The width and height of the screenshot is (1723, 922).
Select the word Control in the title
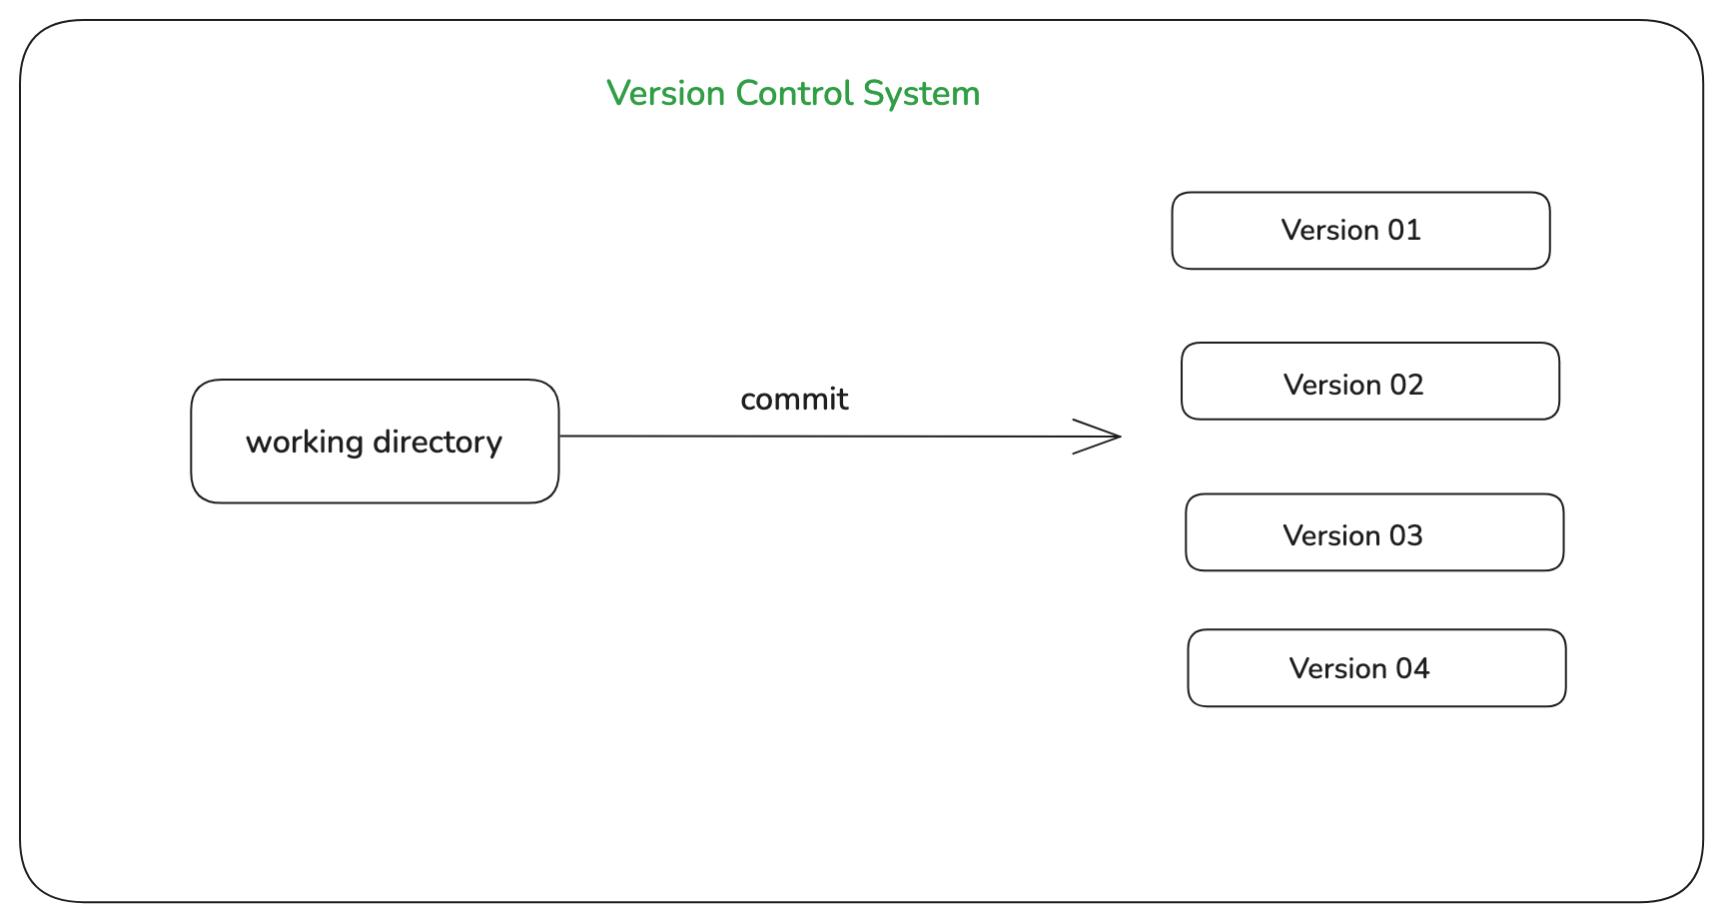(794, 94)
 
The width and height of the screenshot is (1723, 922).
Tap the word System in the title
(921, 95)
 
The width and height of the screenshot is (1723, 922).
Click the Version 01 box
(1360, 231)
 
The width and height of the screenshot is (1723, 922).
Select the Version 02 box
(1369, 382)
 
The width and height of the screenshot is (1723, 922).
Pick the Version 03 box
(1374, 532)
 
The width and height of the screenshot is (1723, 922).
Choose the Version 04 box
(1376, 668)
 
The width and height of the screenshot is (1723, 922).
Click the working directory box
(375, 442)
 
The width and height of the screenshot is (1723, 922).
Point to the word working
(304, 443)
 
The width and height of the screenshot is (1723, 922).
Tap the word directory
(437, 443)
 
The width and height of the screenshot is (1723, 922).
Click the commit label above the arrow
(794, 400)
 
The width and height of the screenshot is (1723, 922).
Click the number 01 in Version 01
(1404, 231)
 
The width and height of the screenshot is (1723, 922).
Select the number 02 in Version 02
(1406, 386)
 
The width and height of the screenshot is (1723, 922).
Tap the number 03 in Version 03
(1405, 536)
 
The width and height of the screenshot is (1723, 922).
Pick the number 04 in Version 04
(1412, 669)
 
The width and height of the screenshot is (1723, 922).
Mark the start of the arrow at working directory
(562, 436)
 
